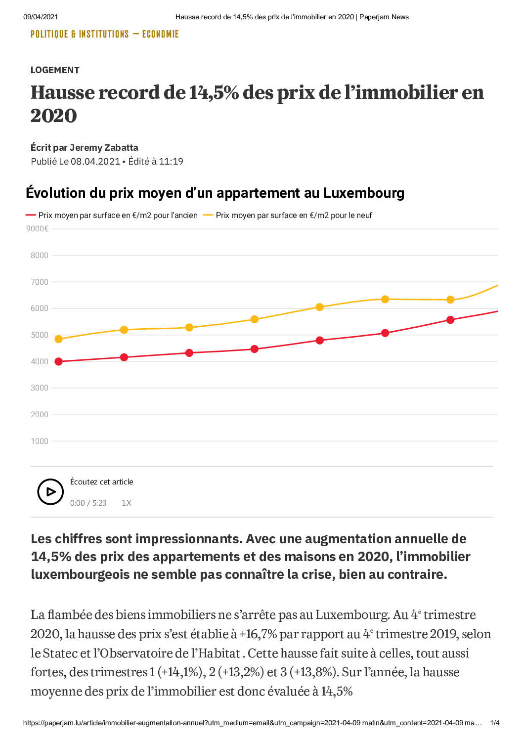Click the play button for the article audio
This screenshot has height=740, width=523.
tap(50, 491)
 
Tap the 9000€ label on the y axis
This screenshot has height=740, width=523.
tap(38, 228)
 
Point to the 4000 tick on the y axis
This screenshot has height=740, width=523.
tap(40, 361)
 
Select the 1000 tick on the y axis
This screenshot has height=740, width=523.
tap(40, 441)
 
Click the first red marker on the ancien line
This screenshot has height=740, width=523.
tap(58, 362)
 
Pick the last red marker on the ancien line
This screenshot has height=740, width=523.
tap(450, 320)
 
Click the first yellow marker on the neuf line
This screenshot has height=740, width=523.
tap(58, 339)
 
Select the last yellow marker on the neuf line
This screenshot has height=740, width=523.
tap(450, 300)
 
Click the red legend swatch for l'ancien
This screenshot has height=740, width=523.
tap(30, 215)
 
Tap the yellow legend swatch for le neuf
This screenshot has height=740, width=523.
tap(208, 215)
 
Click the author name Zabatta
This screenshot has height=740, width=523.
tap(121, 147)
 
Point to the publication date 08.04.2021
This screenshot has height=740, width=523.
tap(95, 161)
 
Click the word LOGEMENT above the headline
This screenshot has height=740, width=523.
tap(55, 70)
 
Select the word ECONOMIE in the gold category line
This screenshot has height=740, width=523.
tap(161, 34)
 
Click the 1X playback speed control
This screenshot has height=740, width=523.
tap(127, 503)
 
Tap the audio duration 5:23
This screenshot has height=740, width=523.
tap(99, 503)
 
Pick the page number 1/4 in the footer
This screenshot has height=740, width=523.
tap(495, 723)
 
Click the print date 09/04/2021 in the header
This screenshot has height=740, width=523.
tap(41, 17)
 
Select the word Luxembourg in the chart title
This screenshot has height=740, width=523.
tap(364, 193)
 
